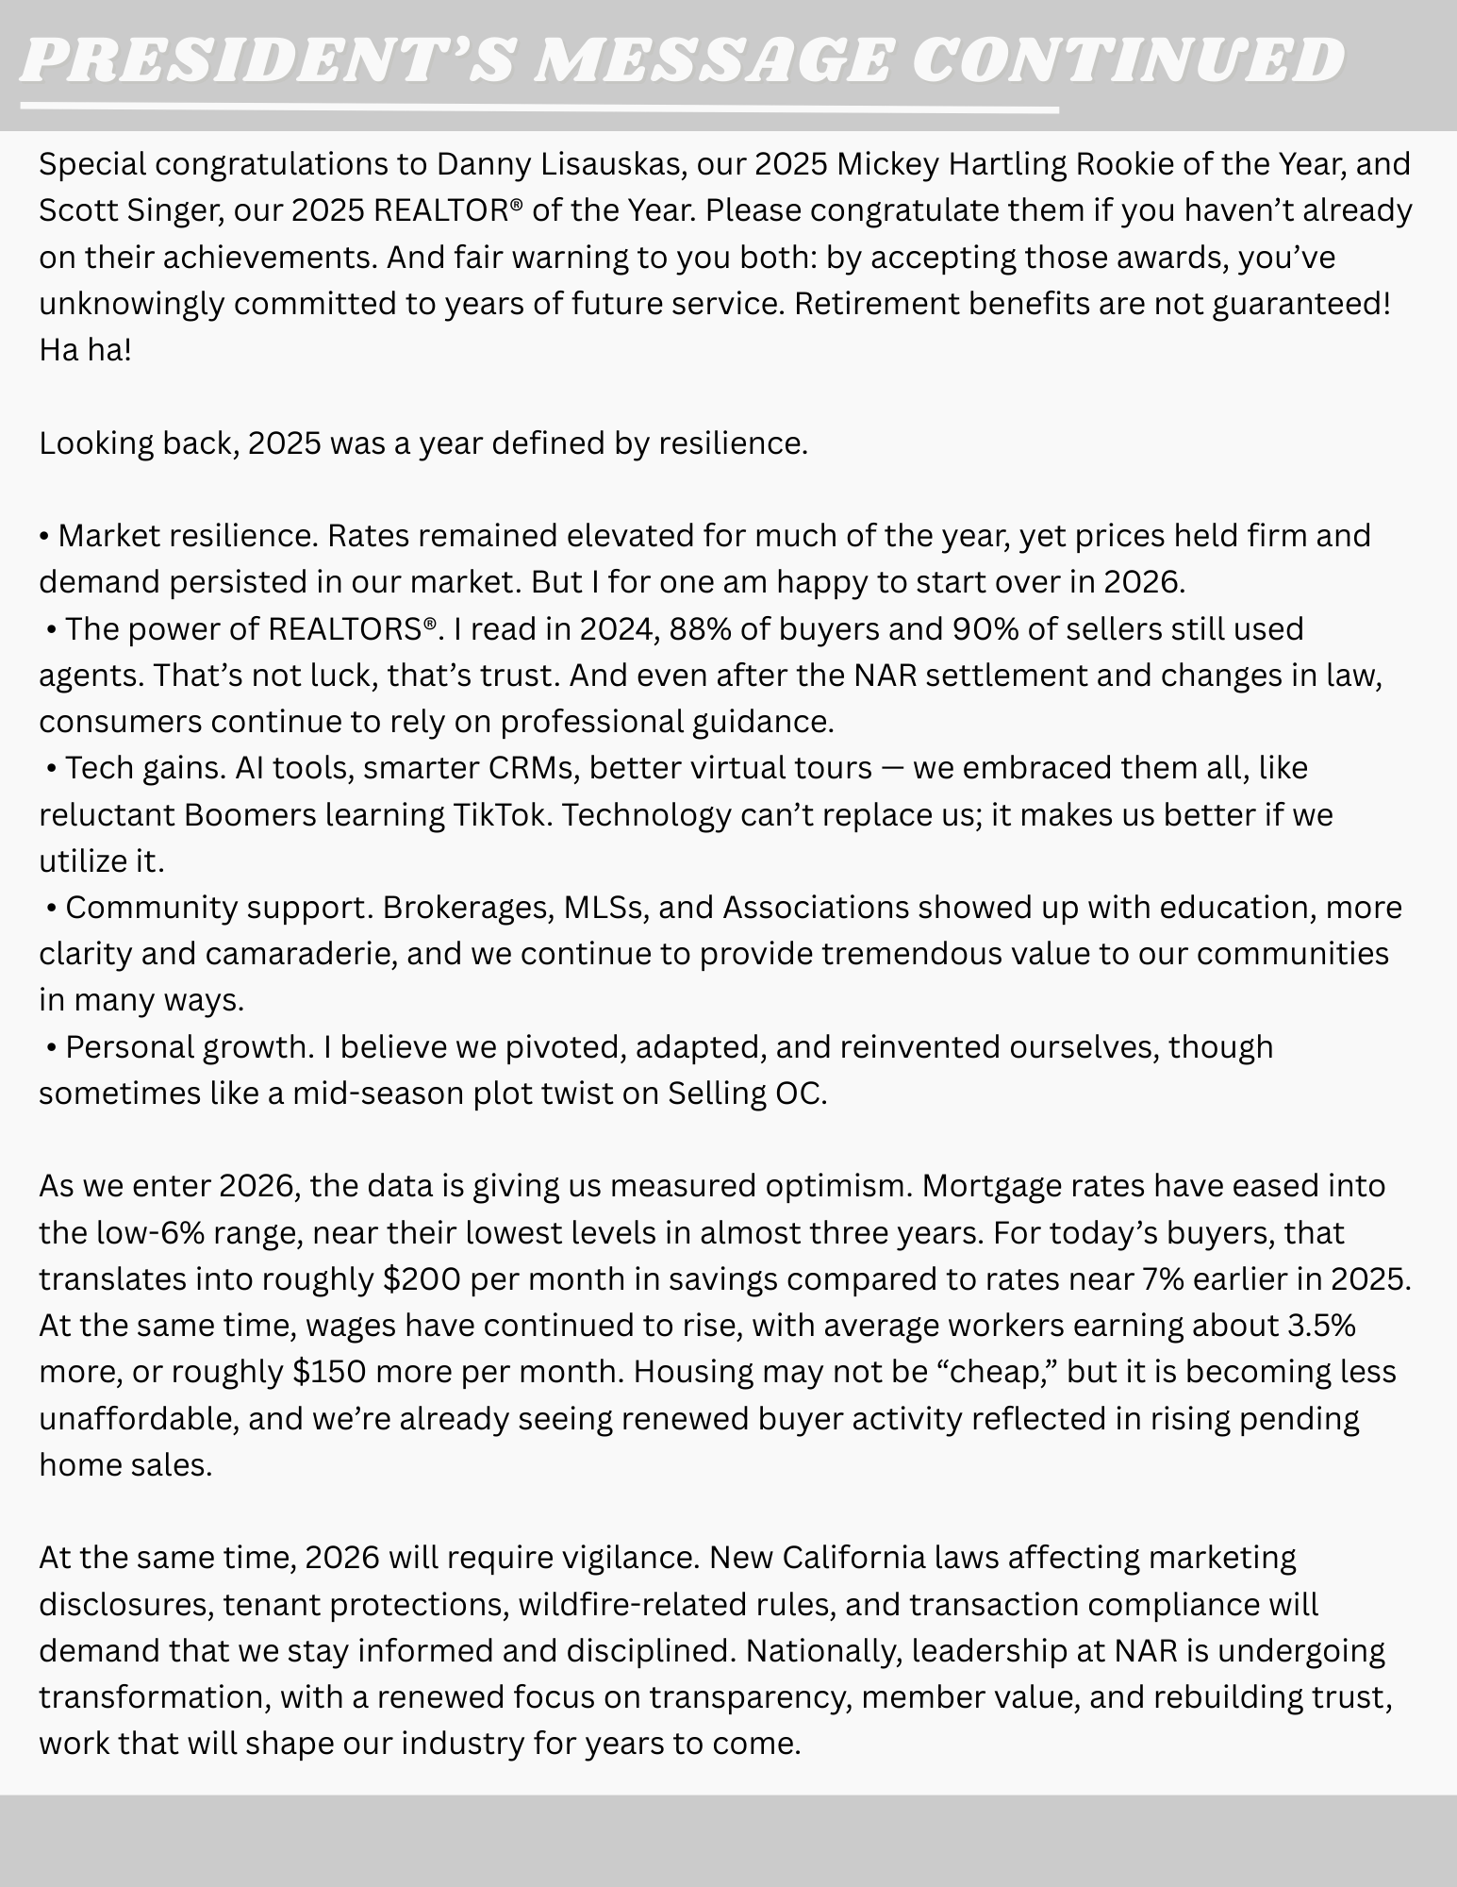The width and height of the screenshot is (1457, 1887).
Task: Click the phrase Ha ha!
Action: pos(85,350)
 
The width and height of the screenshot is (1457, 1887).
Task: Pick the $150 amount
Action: pos(329,1372)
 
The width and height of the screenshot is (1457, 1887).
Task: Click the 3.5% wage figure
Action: pos(1320,1326)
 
